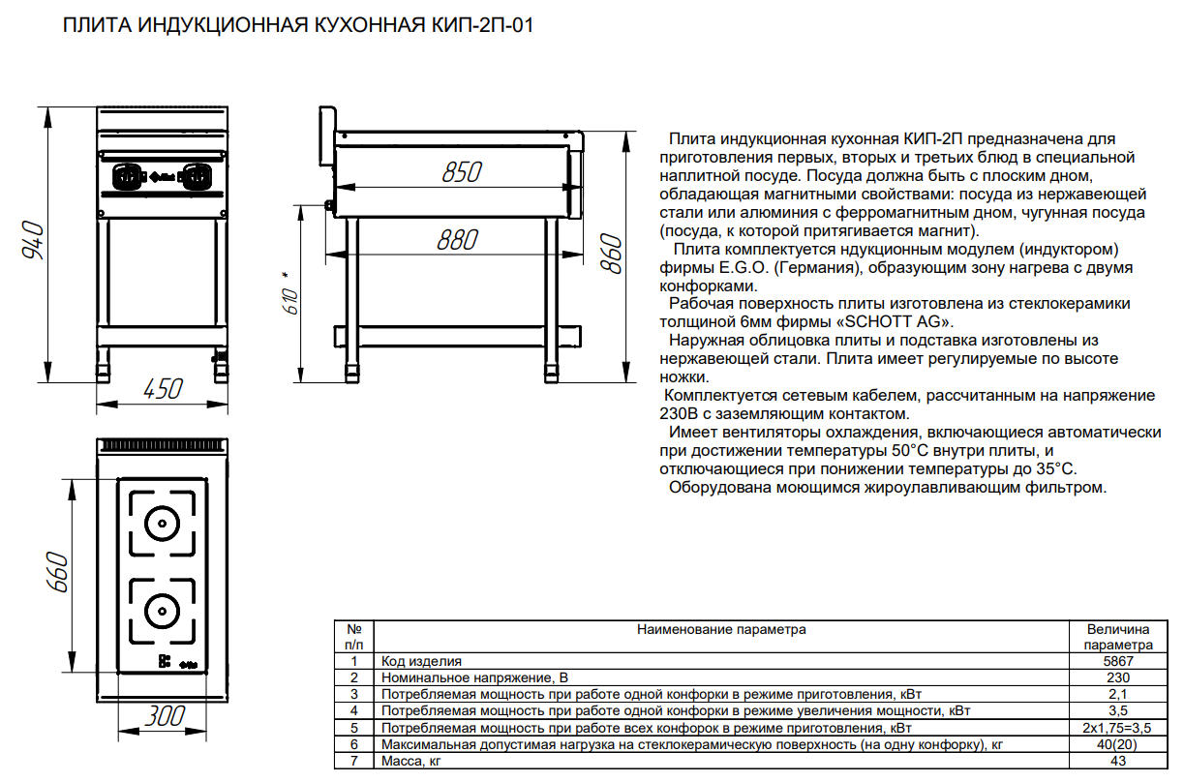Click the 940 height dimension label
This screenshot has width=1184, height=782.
pyautogui.click(x=33, y=240)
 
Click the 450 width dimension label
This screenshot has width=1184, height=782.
pyautogui.click(x=163, y=389)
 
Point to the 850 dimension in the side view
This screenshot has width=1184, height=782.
pyautogui.click(x=462, y=172)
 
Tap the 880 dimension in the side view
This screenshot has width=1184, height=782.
pyautogui.click(x=457, y=240)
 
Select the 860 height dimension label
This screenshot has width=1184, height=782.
pyautogui.click(x=612, y=254)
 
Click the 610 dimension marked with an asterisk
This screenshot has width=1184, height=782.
pyautogui.click(x=291, y=296)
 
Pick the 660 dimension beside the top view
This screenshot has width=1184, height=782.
pyautogui.click(x=58, y=572)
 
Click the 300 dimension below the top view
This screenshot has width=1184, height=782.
pyautogui.click(x=165, y=716)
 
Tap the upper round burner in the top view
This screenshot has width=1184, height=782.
pyautogui.click(x=163, y=524)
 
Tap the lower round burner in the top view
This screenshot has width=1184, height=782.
pyautogui.click(x=163, y=612)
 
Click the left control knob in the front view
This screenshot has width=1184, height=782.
pyautogui.click(x=128, y=176)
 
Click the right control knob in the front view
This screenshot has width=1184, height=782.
pyautogui.click(x=197, y=176)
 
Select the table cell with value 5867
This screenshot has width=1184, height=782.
pyautogui.click(x=1118, y=661)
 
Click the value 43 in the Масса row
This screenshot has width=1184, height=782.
pyautogui.click(x=1118, y=761)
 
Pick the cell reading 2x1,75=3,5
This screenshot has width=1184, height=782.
pyautogui.click(x=1118, y=728)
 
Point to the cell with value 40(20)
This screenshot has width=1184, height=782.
pyautogui.click(x=1118, y=744)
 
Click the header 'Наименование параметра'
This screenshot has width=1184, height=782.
pyautogui.click(x=721, y=629)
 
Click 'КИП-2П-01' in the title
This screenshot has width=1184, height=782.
pyautogui.click(x=482, y=25)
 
